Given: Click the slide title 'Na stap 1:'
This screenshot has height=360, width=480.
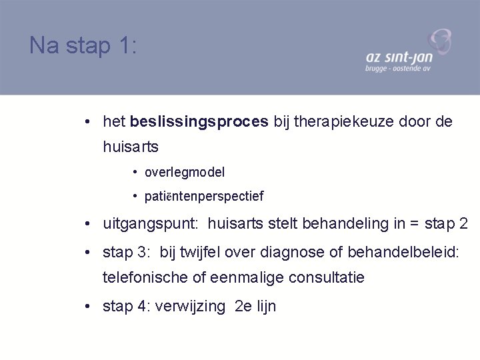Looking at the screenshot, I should coord(83,45).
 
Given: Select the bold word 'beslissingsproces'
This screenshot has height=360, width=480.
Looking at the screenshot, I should coord(200,121).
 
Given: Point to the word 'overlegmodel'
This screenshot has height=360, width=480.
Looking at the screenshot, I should coord(185,172).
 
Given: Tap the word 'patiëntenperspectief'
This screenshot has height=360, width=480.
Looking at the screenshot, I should coord(203,196).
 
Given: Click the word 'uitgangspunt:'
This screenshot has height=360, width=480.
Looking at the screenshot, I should coord(142,224).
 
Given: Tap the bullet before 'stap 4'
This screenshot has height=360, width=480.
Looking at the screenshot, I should coord(88,307).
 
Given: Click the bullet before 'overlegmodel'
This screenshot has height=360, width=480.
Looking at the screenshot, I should coord(135,172).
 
